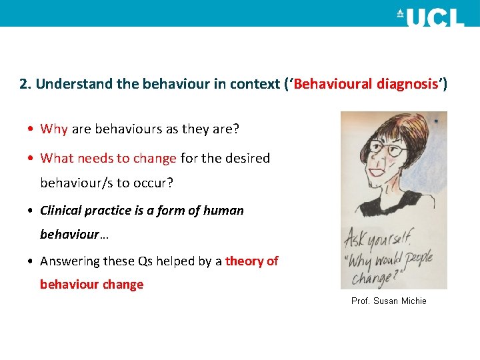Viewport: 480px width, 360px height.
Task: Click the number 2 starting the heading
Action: (x=24, y=85)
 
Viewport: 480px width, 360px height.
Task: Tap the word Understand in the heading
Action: (x=66, y=85)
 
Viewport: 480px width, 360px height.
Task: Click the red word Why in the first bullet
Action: (x=54, y=129)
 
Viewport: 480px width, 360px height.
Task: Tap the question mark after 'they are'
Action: (x=235, y=129)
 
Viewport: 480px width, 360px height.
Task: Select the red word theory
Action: (x=244, y=261)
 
